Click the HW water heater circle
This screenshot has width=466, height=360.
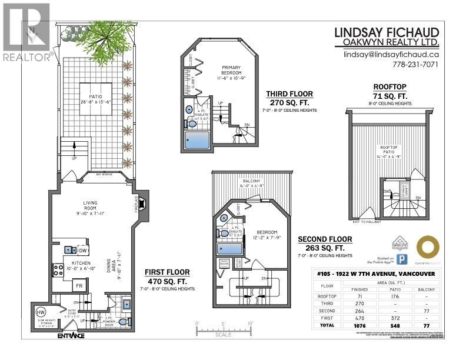point(42,312)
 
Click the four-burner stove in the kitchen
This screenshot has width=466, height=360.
point(58,270)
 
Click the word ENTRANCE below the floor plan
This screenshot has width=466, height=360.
point(71,336)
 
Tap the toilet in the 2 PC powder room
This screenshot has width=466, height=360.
point(122,322)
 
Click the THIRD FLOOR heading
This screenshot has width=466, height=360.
point(289,94)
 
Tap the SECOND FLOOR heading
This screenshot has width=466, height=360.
point(325,239)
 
